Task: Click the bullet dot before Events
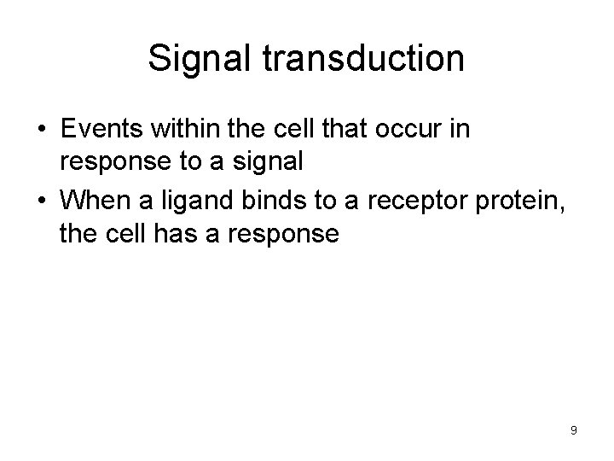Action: [x=41, y=130]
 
